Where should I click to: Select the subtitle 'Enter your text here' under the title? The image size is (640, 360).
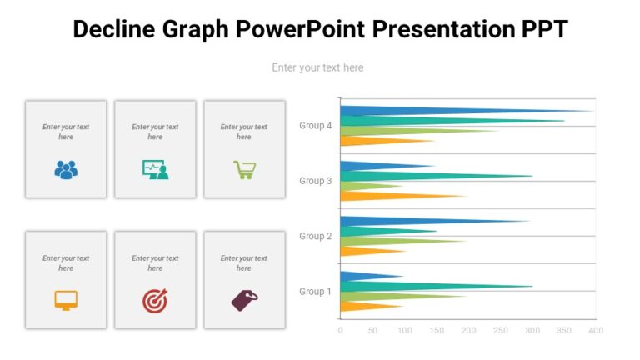point(317,67)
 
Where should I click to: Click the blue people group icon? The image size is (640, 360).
point(66,169)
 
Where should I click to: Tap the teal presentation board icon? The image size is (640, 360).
point(155,169)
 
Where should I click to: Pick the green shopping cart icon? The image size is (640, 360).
point(244,169)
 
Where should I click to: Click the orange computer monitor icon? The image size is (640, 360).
point(66,300)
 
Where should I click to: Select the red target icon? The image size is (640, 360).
point(155,300)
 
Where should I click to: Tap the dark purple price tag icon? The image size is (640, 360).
point(244,300)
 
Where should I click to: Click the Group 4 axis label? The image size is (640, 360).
point(316,126)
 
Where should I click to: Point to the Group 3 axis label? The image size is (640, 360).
point(316,181)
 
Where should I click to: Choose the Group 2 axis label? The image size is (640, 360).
point(316,236)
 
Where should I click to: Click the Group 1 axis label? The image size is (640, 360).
point(316,291)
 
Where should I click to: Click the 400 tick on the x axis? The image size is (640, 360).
point(595,331)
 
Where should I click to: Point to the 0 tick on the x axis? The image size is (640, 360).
point(340,331)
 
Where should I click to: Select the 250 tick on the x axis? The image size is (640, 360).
point(500,331)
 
